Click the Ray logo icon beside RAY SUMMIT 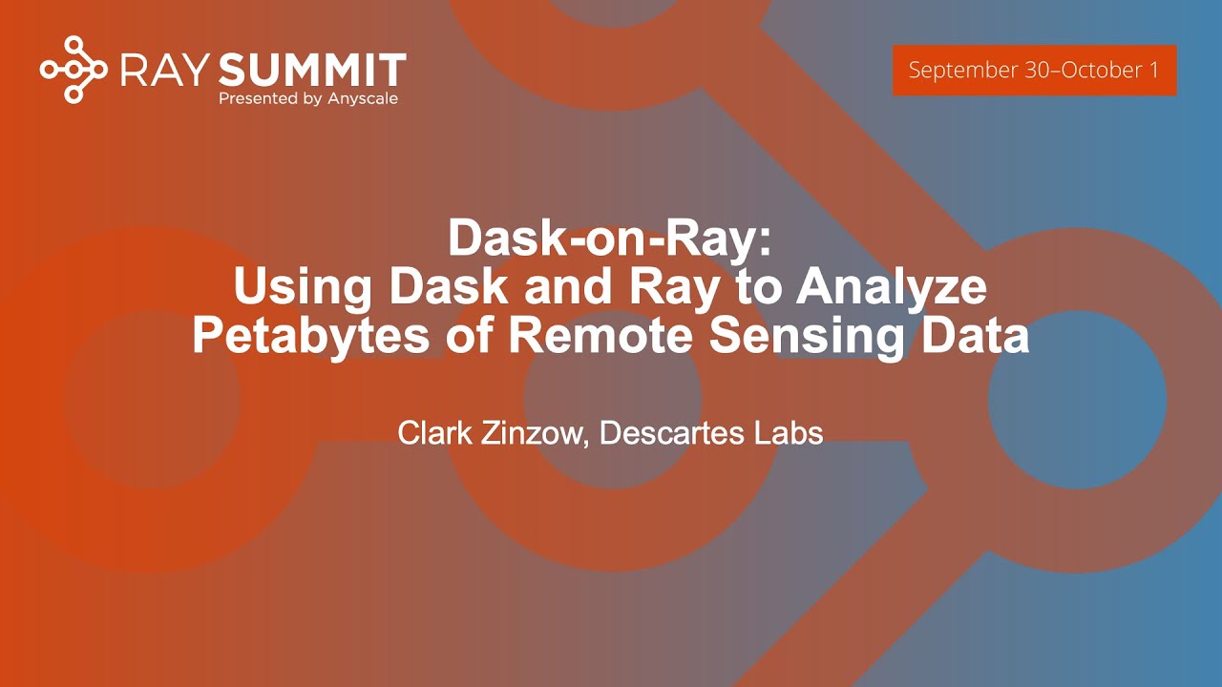[74, 69]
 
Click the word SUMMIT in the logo [312, 70]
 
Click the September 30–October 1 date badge [1034, 71]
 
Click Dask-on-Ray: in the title [609, 239]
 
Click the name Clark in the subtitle [432, 432]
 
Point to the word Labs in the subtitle [789, 432]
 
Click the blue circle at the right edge [1077, 401]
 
